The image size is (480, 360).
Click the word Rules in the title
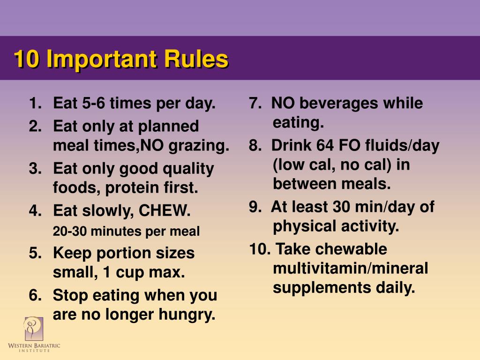tap(196, 60)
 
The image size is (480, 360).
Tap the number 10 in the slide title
tap(25, 60)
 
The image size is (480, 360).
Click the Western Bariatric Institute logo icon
tap(33, 329)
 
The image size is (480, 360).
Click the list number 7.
tap(255, 104)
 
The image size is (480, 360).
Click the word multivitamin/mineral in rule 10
tap(351, 269)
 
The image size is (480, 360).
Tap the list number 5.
tap(35, 254)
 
